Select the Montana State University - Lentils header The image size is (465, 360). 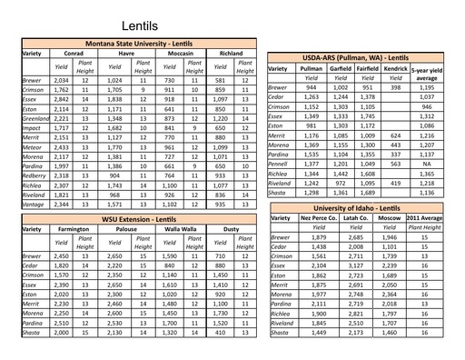138,43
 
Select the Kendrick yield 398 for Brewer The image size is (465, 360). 396,87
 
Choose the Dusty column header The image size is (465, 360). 232,230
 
